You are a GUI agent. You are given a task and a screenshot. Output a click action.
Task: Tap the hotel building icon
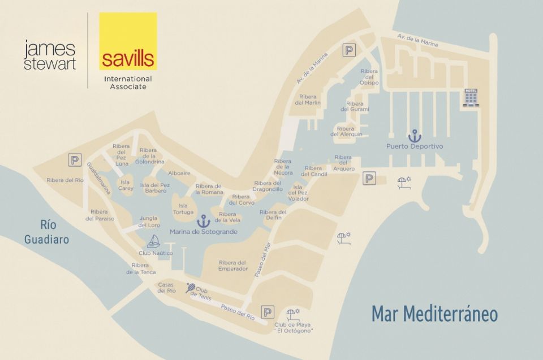pyautogui.click(x=471, y=97)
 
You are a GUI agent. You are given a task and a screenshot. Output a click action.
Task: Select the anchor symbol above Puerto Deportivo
pyautogui.click(x=415, y=136)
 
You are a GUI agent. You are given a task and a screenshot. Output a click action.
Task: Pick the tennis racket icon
pyautogui.click(x=191, y=288)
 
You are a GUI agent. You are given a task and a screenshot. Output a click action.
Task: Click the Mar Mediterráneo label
pyautogui.click(x=434, y=314)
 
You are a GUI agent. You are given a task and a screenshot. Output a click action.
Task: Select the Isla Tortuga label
pyautogui.click(x=183, y=209)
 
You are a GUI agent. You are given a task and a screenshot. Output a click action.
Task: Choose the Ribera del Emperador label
pyautogui.click(x=233, y=265)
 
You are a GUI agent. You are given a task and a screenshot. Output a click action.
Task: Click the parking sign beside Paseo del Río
pyautogui.click(x=267, y=311)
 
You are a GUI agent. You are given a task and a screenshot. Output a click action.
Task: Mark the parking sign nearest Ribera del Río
pyautogui.click(x=75, y=161)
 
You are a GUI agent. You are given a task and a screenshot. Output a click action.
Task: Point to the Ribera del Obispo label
pyautogui.click(x=369, y=77)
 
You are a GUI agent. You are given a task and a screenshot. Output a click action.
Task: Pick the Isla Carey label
pyautogui.click(x=126, y=185)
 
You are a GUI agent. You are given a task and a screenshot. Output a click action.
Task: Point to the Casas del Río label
pyautogui.click(x=167, y=287)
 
